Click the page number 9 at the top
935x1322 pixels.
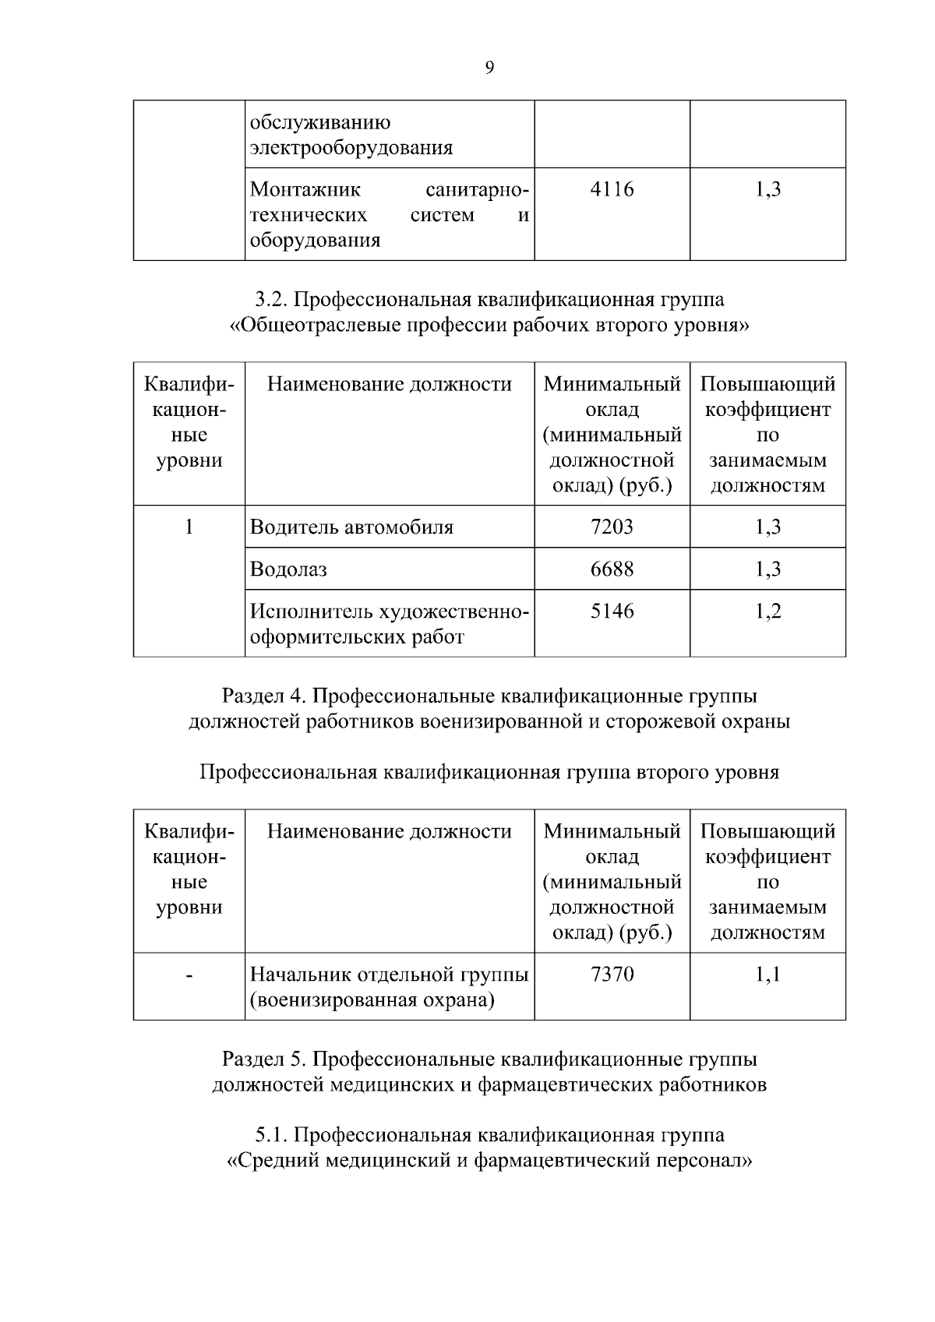489,68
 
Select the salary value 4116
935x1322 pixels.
612,189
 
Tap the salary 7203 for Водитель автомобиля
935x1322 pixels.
612,527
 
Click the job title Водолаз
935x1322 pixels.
288,569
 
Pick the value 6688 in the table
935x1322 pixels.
612,569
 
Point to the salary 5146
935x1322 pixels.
612,612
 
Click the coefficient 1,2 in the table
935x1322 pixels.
767,612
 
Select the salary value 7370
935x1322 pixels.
612,975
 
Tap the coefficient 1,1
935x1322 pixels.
767,975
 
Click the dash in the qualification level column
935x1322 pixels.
189,975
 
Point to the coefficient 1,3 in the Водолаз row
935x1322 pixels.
767,569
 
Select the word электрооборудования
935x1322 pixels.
351,148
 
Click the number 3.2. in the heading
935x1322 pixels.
272,300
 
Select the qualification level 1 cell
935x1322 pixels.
189,527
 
